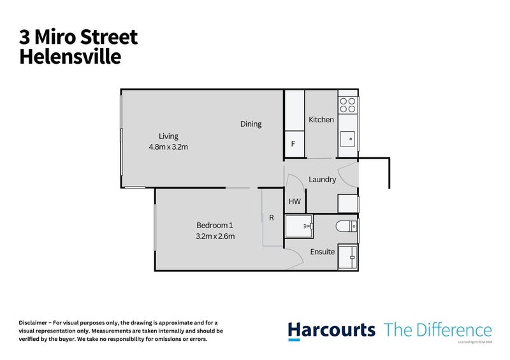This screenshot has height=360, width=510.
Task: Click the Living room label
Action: pos(168,136)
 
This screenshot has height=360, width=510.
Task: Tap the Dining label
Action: pos(251,124)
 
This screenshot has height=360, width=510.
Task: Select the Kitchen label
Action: pos(321,120)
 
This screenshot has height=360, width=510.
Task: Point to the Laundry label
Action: pos(322,180)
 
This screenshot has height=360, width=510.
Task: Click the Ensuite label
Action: pos(322,252)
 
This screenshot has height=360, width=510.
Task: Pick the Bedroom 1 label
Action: pos(215,225)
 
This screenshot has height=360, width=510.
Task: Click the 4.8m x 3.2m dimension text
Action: pos(168,147)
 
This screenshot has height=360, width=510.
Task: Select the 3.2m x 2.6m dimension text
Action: pos(215,236)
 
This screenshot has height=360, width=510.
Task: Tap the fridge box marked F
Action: pos(293,144)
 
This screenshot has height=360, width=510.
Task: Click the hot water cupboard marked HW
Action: pos(295,201)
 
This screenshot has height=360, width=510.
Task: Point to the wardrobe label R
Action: pos(272,218)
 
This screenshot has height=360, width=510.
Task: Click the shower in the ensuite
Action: pos(300,226)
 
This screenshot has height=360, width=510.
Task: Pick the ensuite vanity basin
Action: pos(348,257)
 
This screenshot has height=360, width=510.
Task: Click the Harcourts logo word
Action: pos(331,330)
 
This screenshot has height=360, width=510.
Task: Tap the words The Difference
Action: pos(437,330)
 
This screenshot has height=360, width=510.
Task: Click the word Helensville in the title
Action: pos(70,57)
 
